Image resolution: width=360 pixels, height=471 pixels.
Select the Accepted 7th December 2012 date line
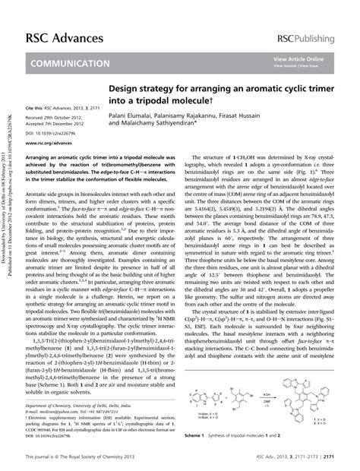coord(60,125)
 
